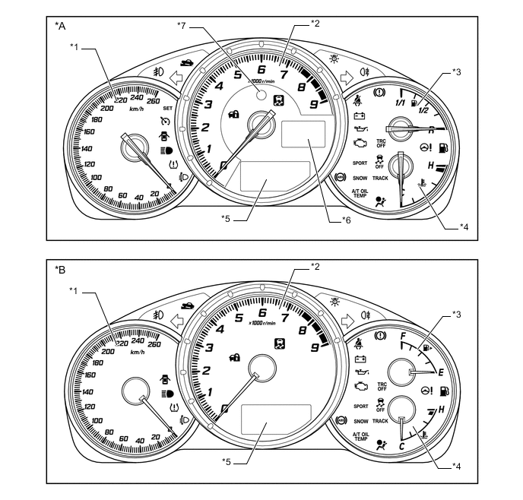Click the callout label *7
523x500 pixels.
[x=182, y=26]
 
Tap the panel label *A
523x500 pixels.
[x=60, y=25]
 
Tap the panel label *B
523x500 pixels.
[x=60, y=268]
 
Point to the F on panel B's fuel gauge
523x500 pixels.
[x=403, y=335]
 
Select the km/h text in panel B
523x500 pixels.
[x=137, y=352]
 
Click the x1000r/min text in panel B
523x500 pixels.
[x=263, y=323]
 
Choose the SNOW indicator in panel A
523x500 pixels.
[x=361, y=177]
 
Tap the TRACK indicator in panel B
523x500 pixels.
[x=381, y=420]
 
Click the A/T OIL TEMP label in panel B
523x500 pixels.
[x=360, y=436]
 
